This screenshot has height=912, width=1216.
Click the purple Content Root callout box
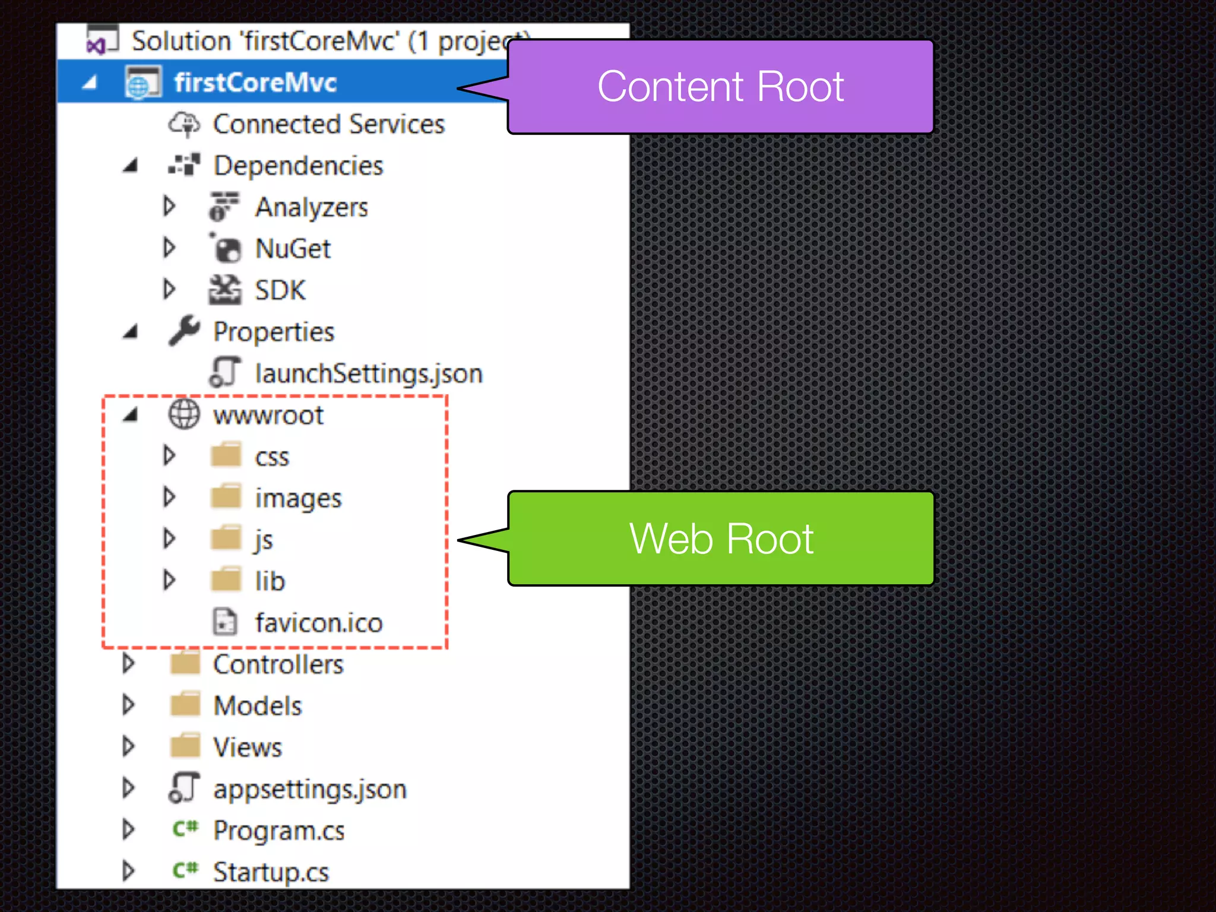(720, 87)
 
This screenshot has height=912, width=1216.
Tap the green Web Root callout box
(720, 539)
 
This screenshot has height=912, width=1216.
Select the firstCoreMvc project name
(255, 83)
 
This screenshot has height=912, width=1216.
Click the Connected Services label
(329, 125)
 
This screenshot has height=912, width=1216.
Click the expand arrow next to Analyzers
(169, 207)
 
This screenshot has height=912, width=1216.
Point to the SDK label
(280, 290)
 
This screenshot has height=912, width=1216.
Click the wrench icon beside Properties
(183, 331)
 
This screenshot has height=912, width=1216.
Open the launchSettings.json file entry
(368, 373)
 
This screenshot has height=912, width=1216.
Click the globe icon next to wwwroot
(184, 414)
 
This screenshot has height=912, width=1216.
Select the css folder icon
(226, 455)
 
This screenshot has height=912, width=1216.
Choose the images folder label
(298, 498)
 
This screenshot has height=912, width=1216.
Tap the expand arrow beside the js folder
(169, 539)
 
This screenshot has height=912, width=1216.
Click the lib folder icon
(226, 580)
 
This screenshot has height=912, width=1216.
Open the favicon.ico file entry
(319, 623)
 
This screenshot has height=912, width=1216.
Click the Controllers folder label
(278, 664)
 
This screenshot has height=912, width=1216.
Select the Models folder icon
(185, 705)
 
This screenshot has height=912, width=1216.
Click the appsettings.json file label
(309, 789)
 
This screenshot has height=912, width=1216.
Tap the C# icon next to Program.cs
(185, 829)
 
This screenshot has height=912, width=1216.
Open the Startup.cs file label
(271, 872)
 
